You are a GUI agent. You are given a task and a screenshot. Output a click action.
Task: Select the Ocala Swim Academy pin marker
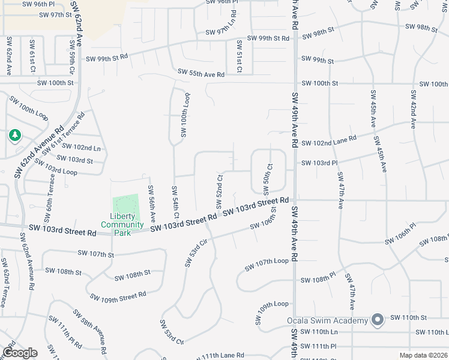pos(378,320)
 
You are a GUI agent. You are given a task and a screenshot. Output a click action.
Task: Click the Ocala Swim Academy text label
pos(327,320)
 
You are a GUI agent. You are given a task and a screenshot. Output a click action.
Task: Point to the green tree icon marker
pos(14,136)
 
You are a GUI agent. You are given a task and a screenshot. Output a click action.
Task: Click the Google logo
pos(19,353)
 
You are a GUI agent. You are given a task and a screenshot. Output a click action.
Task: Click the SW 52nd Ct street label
pos(220,193)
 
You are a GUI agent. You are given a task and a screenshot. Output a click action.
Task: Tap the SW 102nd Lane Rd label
pos(329,141)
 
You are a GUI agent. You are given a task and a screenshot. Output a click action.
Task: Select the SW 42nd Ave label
pos(414,110)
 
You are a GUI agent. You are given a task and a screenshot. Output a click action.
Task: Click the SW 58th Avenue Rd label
pos(89,331)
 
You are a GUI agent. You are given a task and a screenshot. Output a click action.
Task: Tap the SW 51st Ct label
pos(239,56)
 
